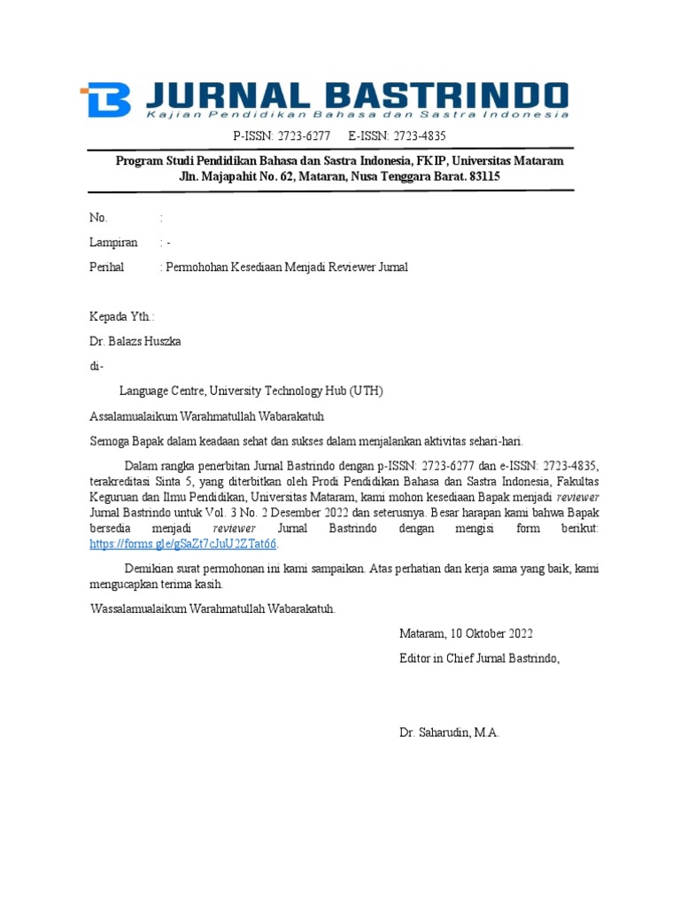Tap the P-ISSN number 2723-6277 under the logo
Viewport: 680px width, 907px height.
coord(300,136)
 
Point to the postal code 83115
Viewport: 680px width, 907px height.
coord(483,177)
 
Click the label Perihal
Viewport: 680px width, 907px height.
coord(107,267)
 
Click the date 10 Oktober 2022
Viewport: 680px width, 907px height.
coord(491,633)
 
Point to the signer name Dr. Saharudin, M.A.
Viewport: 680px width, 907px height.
coord(450,733)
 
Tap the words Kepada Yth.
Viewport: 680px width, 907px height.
coord(122,316)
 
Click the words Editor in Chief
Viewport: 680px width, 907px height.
coord(440,658)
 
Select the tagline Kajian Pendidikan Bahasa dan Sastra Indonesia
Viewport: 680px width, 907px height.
coord(357,115)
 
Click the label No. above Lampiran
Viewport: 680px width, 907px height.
coord(98,218)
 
